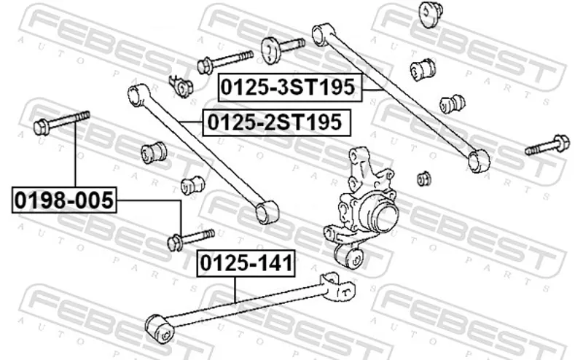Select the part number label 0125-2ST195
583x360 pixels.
pos(276,122)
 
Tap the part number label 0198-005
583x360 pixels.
pos(64,200)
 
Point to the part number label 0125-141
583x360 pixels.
pos(246,263)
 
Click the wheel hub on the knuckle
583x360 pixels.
pos(384,216)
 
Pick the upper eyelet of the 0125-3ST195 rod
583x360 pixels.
pos(322,35)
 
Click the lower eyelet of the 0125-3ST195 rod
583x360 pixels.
pos(479,160)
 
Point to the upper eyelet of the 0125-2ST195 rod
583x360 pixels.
pos(138,95)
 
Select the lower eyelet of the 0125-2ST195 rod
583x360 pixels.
pos(267,212)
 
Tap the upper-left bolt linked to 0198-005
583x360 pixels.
pos(61,122)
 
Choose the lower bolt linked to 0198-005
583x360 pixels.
pos(191,240)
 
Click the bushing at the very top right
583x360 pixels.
pos(431,14)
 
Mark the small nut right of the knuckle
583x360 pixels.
pos(424,178)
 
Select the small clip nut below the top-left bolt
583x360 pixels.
pos(181,87)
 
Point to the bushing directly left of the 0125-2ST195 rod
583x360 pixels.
pos(154,152)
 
